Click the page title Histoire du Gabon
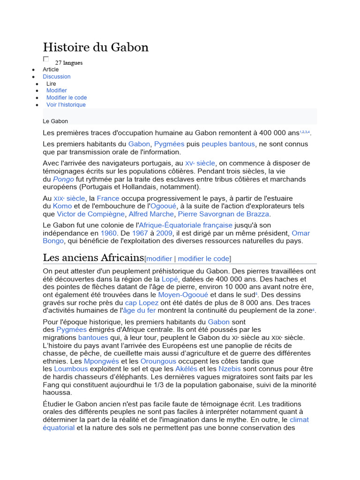point(96,47)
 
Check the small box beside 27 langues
point(46,59)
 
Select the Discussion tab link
point(57,76)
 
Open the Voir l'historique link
point(66,105)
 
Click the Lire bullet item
point(51,83)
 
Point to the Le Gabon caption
point(55,121)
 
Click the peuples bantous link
point(228,144)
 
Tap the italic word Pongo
point(63,179)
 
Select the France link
point(108,198)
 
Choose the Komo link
point(62,206)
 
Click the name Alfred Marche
point(151,214)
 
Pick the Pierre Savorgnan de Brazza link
point(224,214)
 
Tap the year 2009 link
point(165,233)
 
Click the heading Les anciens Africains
point(93,258)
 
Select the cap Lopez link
point(142,303)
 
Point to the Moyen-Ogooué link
point(183,295)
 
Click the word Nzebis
point(230,369)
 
